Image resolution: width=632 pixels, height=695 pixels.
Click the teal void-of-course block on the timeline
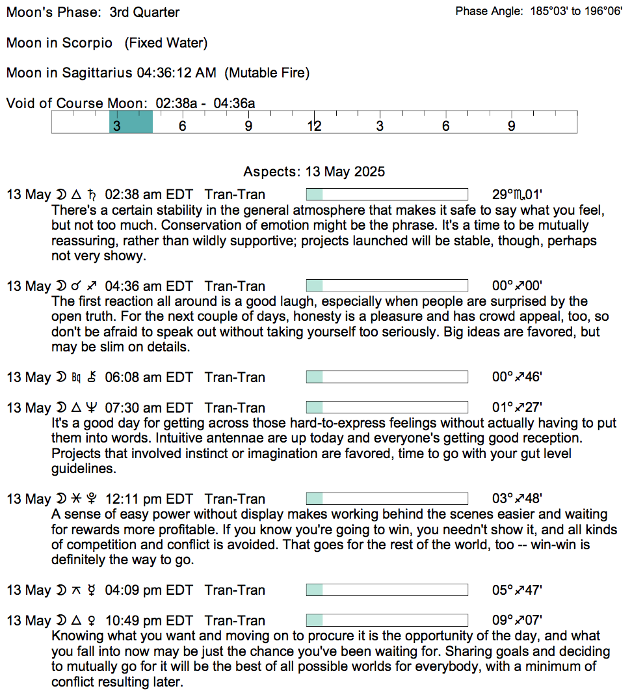tap(131, 122)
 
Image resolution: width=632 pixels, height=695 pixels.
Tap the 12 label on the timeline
tap(314, 126)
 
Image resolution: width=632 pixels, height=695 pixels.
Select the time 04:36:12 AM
tap(176, 73)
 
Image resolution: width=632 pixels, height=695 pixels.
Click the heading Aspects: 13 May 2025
tap(314, 172)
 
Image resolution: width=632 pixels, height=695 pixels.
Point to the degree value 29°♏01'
tap(517, 195)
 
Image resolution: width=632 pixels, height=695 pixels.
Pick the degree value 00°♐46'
tap(517, 377)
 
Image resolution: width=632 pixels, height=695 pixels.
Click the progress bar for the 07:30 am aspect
tap(387, 407)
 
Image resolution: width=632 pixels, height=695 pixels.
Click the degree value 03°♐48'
tap(517, 498)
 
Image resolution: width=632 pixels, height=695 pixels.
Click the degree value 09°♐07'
tap(517, 620)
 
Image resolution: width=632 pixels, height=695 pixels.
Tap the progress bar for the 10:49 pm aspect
tap(387, 620)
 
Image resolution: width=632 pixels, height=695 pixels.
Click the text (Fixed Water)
tap(166, 43)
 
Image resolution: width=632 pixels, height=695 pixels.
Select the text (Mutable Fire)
tap(267, 73)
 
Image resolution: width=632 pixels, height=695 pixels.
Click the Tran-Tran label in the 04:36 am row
tap(235, 286)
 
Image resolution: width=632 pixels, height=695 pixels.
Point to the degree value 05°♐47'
tap(517, 590)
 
